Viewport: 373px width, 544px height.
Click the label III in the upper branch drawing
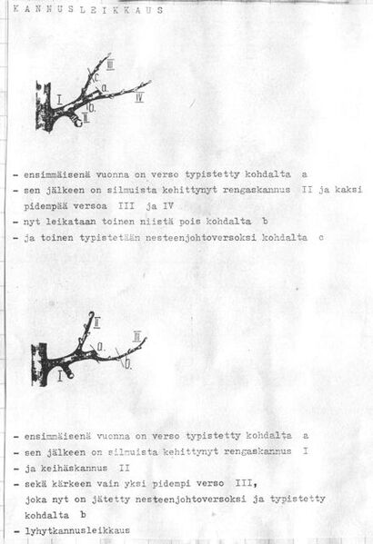click(x=110, y=65)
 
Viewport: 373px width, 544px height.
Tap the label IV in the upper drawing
click(x=139, y=98)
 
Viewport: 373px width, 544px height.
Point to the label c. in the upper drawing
click(x=96, y=78)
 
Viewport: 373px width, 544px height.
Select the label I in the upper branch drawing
click(x=58, y=97)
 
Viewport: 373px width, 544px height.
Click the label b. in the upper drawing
click(x=92, y=106)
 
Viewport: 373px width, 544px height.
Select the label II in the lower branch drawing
click(x=96, y=320)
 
